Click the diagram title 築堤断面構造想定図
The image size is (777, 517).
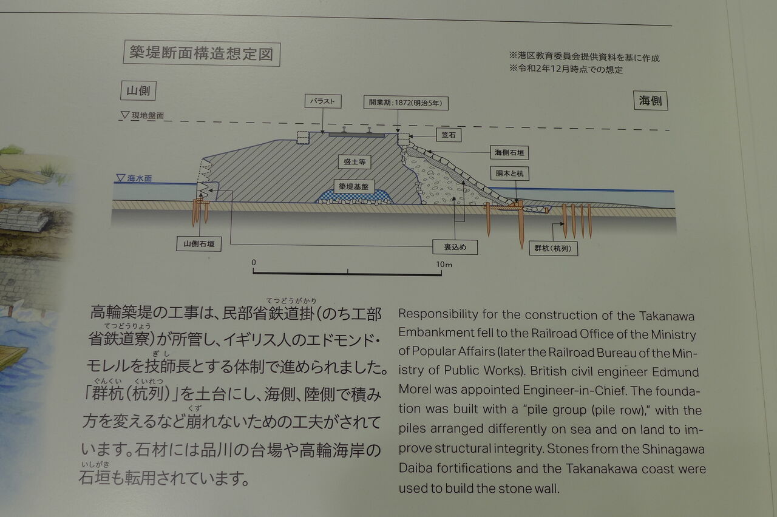click(x=202, y=53)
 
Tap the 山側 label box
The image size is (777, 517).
click(x=138, y=90)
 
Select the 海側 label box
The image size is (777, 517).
click(x=650, y=101)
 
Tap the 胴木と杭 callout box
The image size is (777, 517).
click(x=509, y=174)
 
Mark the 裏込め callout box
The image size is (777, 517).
click(x=455, y=247)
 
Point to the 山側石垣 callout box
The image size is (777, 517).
click(x=198, y=245)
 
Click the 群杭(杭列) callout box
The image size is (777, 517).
click(x=553, y=248)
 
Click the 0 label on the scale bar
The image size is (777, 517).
click(x=254, y=263)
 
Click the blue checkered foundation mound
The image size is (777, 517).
click(x=355, y=198)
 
